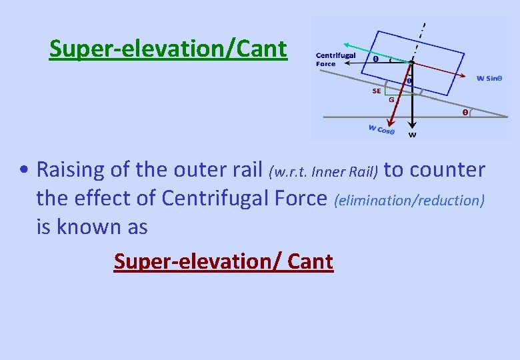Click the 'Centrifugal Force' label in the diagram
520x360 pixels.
click(335, 59)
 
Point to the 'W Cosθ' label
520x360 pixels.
click(381, 129)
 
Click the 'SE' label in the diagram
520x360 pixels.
click(377, 91)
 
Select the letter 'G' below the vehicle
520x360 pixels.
click(392, 100)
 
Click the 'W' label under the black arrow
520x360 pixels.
click(413, 135)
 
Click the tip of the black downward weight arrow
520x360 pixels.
click(413, 126)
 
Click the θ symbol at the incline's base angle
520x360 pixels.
click(465, 113)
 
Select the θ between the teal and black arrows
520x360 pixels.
click(375, 59)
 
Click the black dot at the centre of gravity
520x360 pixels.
click(413, 62)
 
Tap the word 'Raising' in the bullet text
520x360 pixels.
click(70, 170)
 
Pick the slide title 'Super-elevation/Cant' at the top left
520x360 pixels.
click(168, 48)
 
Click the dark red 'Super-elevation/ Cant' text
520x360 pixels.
click(223, 261)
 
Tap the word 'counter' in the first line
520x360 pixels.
click(447, 170)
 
